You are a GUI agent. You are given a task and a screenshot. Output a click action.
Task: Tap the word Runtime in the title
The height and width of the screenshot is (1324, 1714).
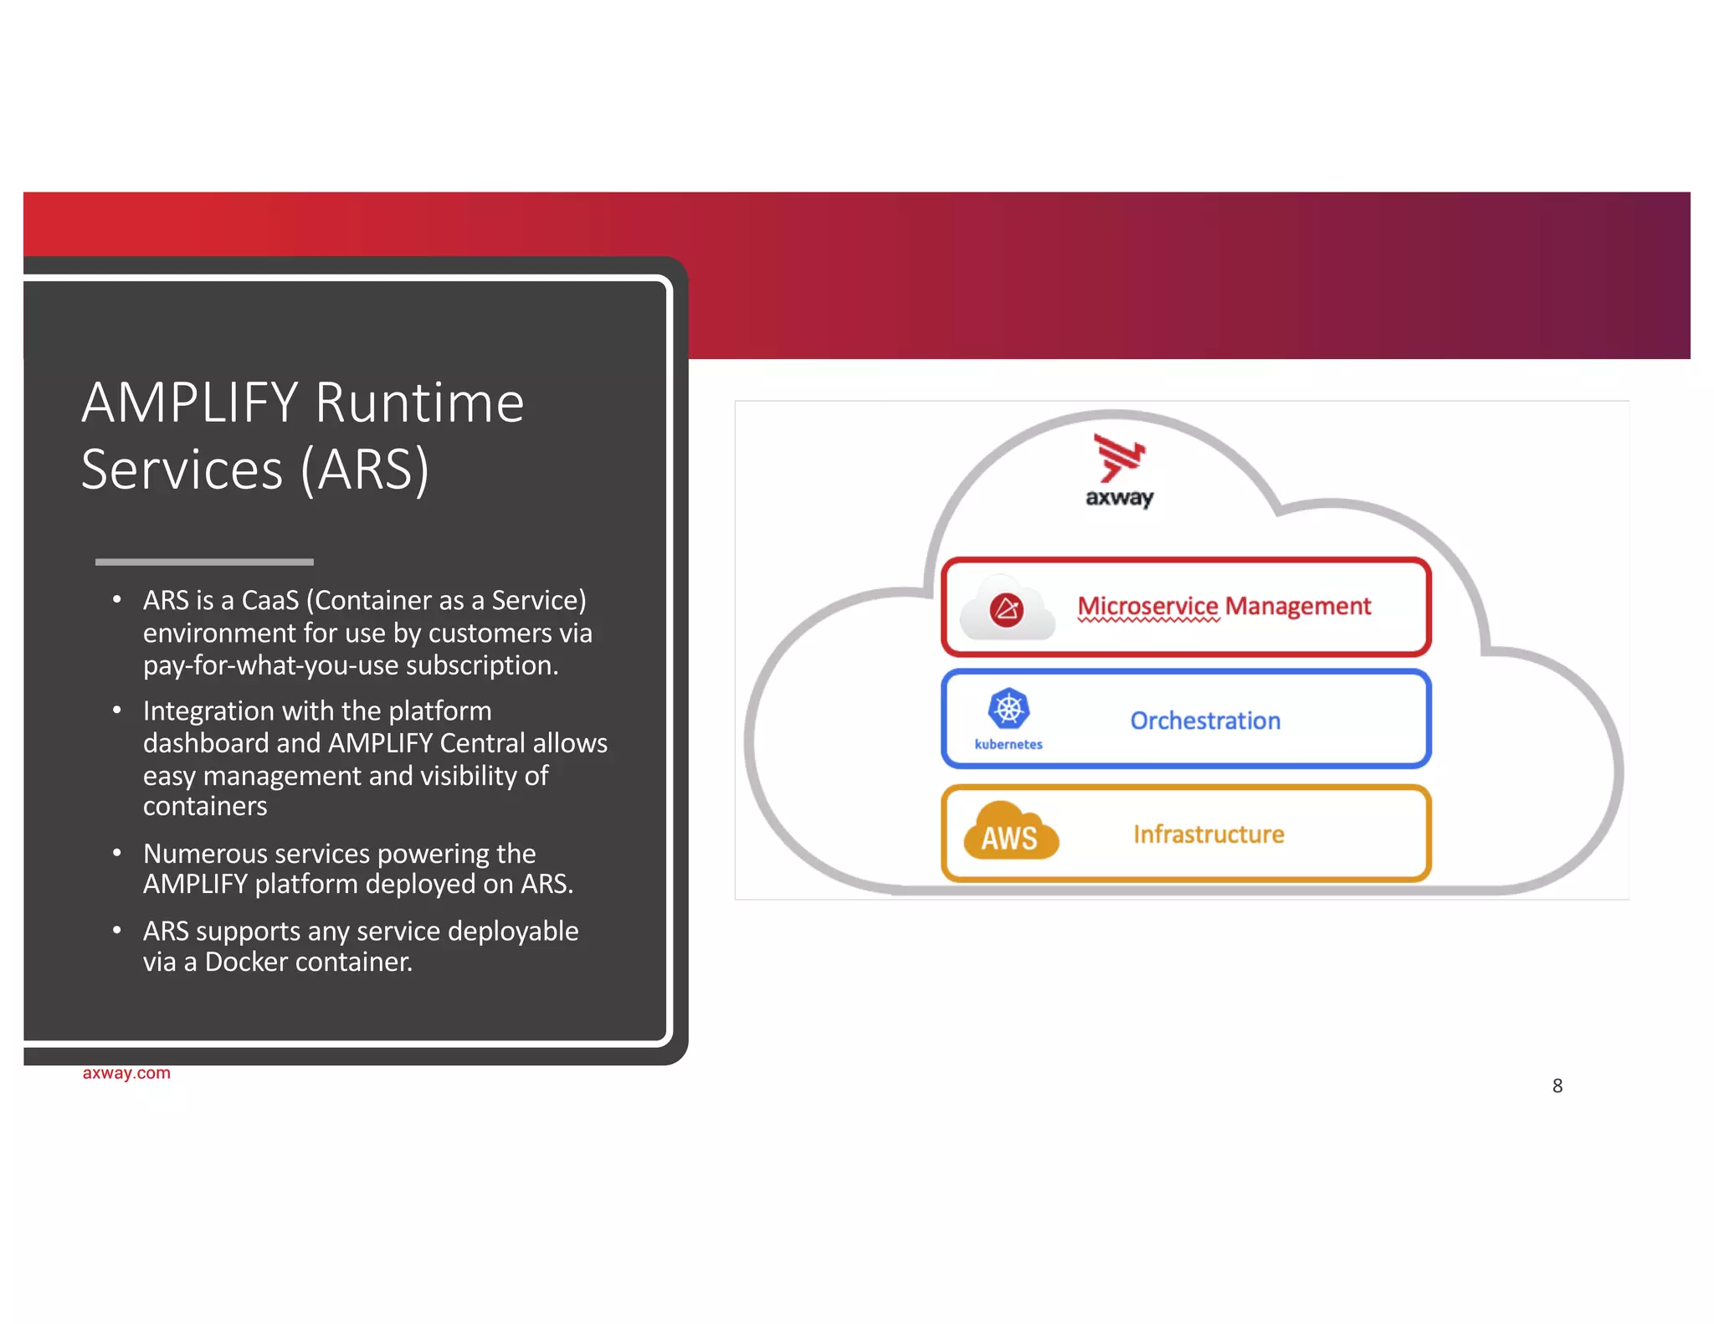419,403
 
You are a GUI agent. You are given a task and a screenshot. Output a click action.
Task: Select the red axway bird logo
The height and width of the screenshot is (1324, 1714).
1119,458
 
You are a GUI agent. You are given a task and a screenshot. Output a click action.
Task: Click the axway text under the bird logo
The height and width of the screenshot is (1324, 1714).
1119,498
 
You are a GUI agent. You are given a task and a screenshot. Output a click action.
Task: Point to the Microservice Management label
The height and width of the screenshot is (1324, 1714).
1224,606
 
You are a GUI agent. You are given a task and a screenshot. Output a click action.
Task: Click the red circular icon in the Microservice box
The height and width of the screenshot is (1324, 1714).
1006,609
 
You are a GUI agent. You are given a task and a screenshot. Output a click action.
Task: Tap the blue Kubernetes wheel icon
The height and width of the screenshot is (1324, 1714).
1008,710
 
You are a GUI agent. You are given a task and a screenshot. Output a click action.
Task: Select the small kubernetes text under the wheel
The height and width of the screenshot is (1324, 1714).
1008,744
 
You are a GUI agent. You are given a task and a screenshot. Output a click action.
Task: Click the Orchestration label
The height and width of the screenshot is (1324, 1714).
1205,721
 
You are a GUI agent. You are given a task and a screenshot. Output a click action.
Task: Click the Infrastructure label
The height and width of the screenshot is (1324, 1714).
1209,834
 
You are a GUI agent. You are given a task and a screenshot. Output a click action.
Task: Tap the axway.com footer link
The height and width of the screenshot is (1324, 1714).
126,1073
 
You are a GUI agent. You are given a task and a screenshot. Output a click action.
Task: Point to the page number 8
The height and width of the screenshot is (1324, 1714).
1557,1086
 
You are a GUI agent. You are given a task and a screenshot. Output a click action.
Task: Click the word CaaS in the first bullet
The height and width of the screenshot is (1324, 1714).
269,601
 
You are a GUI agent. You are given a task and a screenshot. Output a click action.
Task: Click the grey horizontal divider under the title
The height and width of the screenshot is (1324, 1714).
204,562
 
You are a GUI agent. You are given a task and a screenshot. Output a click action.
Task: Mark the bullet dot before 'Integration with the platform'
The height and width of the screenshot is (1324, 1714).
117,711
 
